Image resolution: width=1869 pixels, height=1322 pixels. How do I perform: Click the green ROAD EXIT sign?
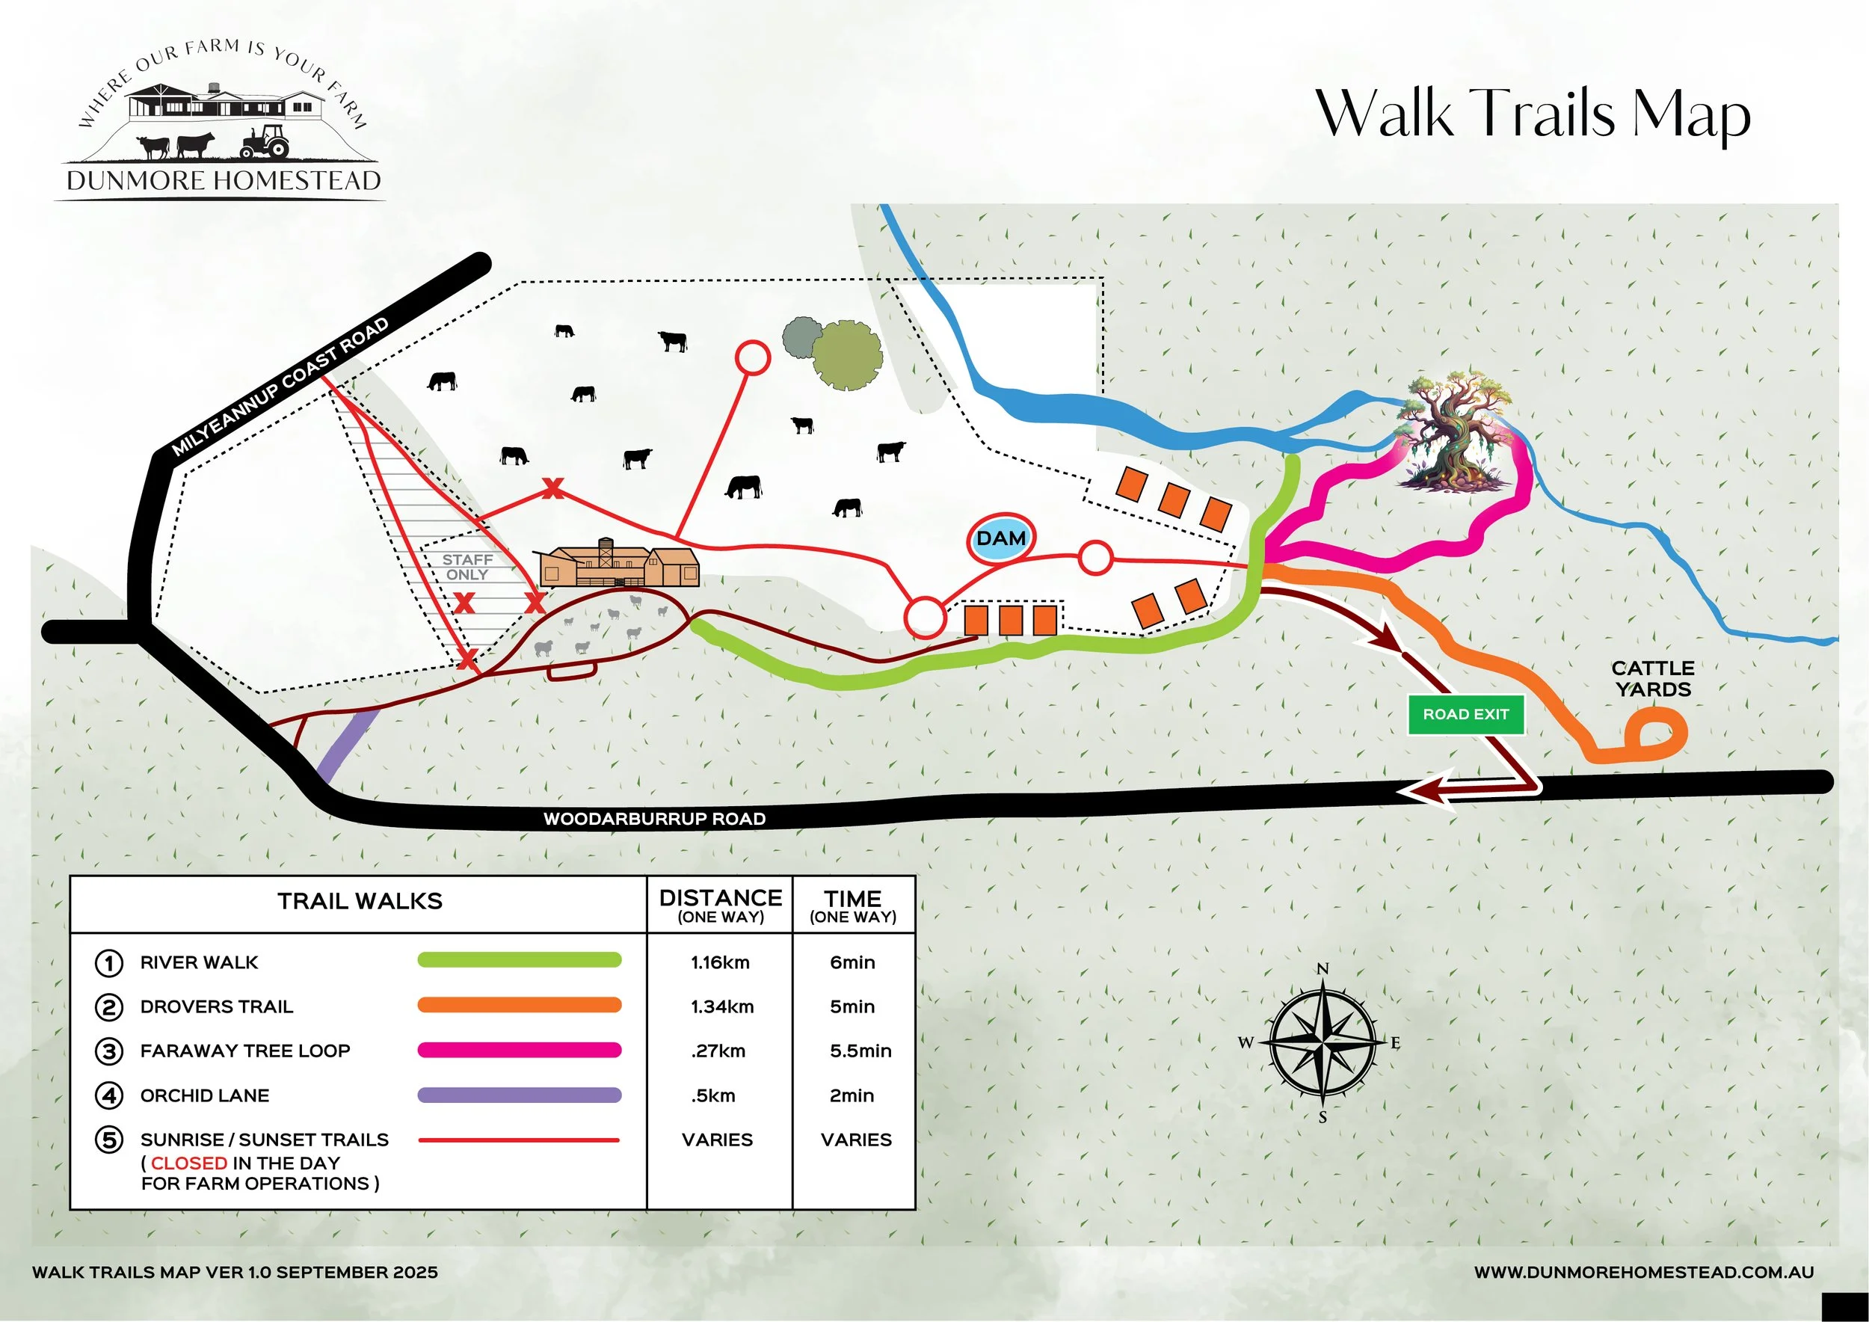click(x=1465, y=715)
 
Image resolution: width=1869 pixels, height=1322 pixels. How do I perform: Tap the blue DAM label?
click(x=1000, y=539)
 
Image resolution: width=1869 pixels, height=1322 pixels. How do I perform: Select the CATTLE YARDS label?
click(x=1652, y=679)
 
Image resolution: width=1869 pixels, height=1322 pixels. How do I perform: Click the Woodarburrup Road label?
click(x=654, y=819)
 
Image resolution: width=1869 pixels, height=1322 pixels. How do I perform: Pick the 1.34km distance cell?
click(x=722, y=1007)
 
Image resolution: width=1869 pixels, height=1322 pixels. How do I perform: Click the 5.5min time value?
click(x=860, y=1051)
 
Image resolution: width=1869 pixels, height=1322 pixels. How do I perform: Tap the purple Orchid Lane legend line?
click(x=520, y=1095)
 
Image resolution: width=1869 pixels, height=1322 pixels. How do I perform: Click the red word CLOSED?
click(x=189, y=1163)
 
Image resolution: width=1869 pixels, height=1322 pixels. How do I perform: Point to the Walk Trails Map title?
click(x=1533, y=114)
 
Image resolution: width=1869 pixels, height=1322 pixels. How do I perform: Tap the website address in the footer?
click(x=1643, y=1273)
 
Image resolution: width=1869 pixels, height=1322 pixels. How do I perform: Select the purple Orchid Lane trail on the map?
click(x=347, y=744)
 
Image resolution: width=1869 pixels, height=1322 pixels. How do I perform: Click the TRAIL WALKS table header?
click(x=360, y=901)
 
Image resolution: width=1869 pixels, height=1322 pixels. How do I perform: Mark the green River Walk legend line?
click(x=520, y=961)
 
